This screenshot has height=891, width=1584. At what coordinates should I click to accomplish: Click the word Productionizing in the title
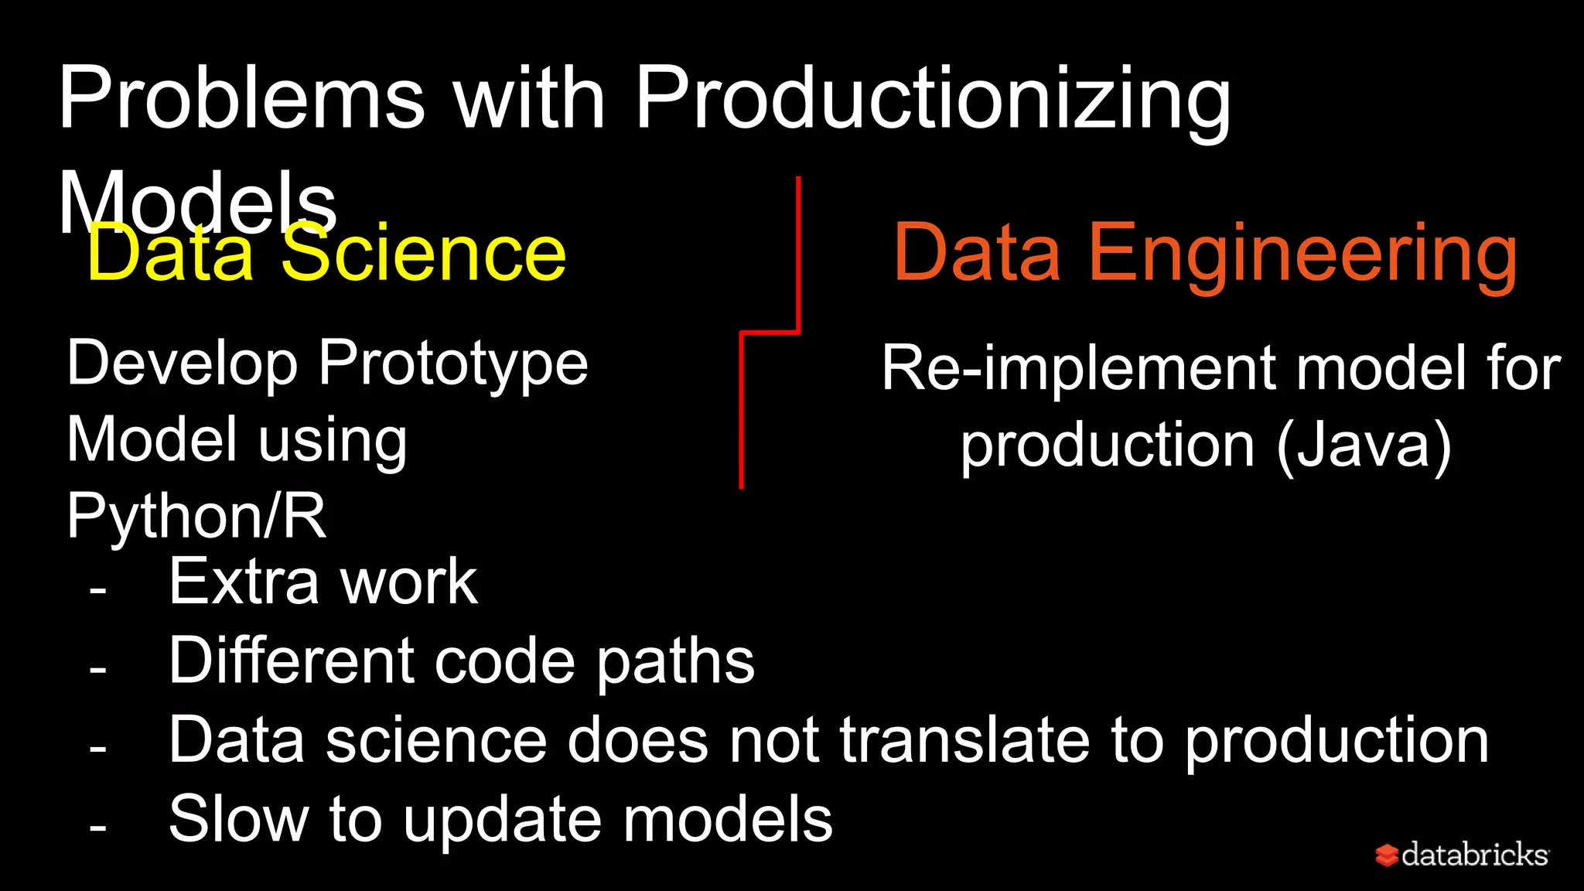(932, 101)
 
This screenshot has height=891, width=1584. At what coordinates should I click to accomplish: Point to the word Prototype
(453, 364)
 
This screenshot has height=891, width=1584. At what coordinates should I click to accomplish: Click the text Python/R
(196, 515)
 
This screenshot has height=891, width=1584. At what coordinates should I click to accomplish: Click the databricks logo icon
(1386, 855)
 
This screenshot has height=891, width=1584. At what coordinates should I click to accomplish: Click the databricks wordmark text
(1474, 855)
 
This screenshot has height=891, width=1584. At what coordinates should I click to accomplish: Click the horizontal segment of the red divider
(770, 333)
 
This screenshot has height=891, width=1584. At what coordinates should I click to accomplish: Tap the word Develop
(183, 364)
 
